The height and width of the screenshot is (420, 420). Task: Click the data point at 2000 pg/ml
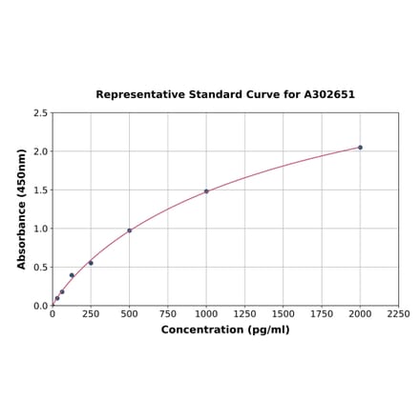pos(360,147)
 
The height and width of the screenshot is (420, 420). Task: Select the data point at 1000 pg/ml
pos(206,191)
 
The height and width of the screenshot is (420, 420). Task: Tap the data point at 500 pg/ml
pos(129,230)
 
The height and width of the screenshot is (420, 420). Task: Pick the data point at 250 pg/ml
pos(91,263)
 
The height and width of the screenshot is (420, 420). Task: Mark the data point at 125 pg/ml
pos(72,275)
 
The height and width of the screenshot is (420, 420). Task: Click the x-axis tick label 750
pos(167,314)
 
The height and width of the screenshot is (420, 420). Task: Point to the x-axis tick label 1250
pos(244,314)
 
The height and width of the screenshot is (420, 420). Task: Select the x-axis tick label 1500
pos(283,314)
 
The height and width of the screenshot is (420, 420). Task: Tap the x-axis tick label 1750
pos(322,314)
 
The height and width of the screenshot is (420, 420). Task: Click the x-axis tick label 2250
pos(398,314)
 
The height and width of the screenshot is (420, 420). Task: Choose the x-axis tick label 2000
pos(360,314)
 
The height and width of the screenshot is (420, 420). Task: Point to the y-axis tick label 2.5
pos(40,113)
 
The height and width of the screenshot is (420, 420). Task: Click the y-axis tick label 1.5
pos(40,190)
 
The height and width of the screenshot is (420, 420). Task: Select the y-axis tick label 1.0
pos(40,229)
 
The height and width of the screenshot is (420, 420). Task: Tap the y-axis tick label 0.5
pos(40,268)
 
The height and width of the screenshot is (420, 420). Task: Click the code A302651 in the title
pos(329,95)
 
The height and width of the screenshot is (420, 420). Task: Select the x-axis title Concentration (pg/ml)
pos(225,330)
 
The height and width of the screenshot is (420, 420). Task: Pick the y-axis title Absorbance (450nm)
pos(21,209)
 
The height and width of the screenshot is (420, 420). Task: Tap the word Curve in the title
pos(258,95)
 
